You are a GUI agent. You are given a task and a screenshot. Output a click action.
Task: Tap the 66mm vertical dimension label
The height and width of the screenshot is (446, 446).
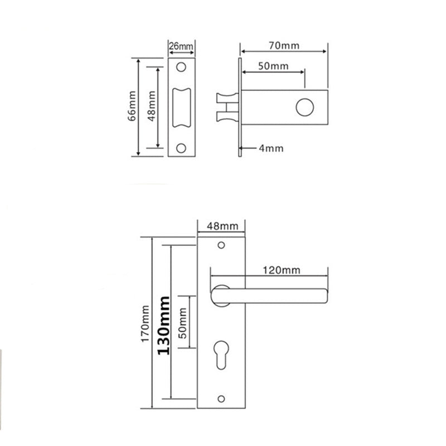click(131, 106)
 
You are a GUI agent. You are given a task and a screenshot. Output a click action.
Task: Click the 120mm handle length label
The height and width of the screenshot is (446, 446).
click(281, 270)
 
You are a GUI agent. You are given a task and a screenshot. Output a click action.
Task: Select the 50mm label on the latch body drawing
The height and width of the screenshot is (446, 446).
click(273, 66)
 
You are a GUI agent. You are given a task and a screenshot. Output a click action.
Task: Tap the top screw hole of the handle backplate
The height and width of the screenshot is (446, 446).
click(222, 245)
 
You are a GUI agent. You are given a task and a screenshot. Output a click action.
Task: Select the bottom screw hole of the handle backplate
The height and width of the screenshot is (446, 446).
click(222, 397)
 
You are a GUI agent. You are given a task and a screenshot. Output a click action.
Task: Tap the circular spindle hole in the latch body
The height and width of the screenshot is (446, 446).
click(305, 107)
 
